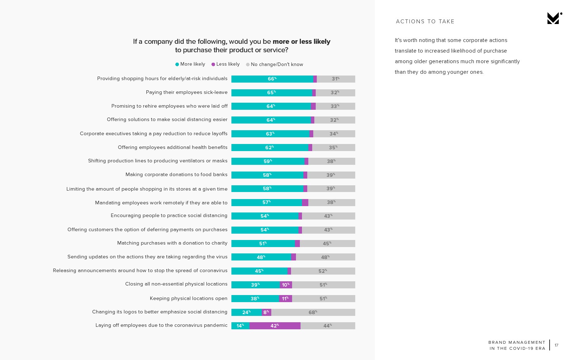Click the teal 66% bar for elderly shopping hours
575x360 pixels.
272,79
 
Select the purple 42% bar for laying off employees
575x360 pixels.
275,326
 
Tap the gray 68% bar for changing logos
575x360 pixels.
313,312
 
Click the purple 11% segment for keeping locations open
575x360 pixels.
285,299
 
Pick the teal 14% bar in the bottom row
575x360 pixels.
240,326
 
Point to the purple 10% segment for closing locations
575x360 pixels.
286,285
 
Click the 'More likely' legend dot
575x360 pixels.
177,64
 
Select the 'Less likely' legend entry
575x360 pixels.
225,64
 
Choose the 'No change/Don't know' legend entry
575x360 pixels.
274,65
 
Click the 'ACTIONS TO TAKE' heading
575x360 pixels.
425,22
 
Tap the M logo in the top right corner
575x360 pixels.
554,18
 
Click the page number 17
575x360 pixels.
556,345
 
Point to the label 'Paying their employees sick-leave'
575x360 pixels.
187,92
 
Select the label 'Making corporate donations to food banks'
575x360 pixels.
176,175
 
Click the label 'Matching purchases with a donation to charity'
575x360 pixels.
172,243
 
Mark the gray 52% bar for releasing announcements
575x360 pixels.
323,271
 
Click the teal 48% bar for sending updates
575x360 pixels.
261,257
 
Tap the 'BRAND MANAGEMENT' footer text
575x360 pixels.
517,342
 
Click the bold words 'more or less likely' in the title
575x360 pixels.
301,42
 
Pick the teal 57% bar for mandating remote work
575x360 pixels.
266,203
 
